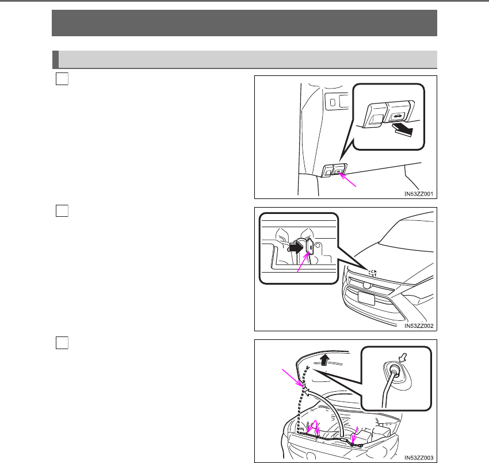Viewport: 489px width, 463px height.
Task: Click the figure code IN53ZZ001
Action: pos(418,194)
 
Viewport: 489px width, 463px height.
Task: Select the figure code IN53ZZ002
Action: pos(418,326)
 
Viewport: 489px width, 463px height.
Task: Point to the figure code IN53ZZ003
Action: pos(418,458)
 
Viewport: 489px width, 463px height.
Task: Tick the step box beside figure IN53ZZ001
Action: pos(62,79)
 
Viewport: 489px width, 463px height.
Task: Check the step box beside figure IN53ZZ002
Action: pos(62,211)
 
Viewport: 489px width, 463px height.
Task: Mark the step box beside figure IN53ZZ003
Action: pos(62,343)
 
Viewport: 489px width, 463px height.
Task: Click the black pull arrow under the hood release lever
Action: pos(403,129)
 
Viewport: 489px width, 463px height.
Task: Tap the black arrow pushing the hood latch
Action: pos(296,248)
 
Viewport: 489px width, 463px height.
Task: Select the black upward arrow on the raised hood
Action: pos(325,359)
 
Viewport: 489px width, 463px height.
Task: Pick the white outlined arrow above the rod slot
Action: pos(403,357)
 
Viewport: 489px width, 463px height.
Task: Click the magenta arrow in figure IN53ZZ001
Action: pos(347,180)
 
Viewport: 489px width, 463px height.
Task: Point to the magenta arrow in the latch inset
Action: pos(303,262)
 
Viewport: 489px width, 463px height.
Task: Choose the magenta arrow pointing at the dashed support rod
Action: pos(292,378)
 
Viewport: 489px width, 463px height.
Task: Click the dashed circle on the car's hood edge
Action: pos(372,273)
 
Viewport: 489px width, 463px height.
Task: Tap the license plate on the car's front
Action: pos(366,298)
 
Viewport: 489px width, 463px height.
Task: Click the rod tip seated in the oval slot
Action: pos(394,370)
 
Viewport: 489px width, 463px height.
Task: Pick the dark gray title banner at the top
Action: pos(244,23)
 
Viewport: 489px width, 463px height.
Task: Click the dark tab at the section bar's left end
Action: pos(55,59)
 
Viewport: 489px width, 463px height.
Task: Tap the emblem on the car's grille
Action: pos(366,285)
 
